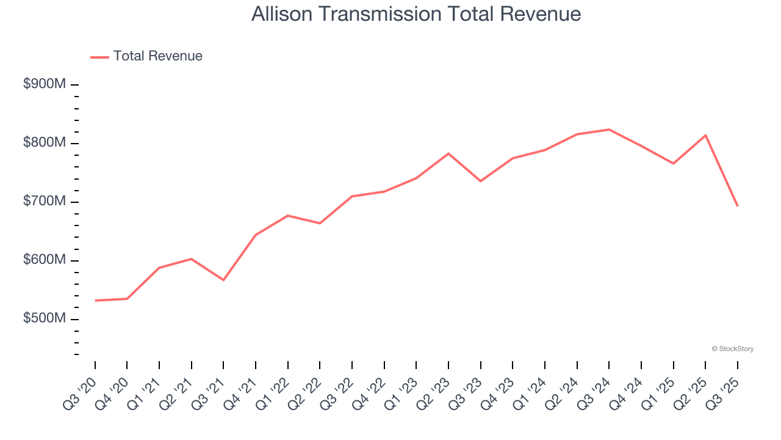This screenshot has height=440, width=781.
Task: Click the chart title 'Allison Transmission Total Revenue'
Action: [416, 14]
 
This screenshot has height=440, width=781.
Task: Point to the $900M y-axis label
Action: [45, 84]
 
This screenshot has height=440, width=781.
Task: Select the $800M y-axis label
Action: [45, 143]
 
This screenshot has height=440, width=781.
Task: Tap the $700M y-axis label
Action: [45, 202]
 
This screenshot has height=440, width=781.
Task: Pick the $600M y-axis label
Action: [45, 260]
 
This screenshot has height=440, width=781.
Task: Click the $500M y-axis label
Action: [45, 319]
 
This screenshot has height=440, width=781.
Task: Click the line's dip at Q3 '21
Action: [223, 280]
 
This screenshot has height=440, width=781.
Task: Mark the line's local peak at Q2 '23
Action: [448, 153]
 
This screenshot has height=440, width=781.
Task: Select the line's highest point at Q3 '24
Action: [609, 130]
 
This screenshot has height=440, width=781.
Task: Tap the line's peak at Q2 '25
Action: [705, 135]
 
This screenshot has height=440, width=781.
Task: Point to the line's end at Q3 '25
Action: [737, 206]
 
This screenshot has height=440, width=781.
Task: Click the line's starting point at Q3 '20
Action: [95, 301]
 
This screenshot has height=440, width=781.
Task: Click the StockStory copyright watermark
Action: [732, 349]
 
